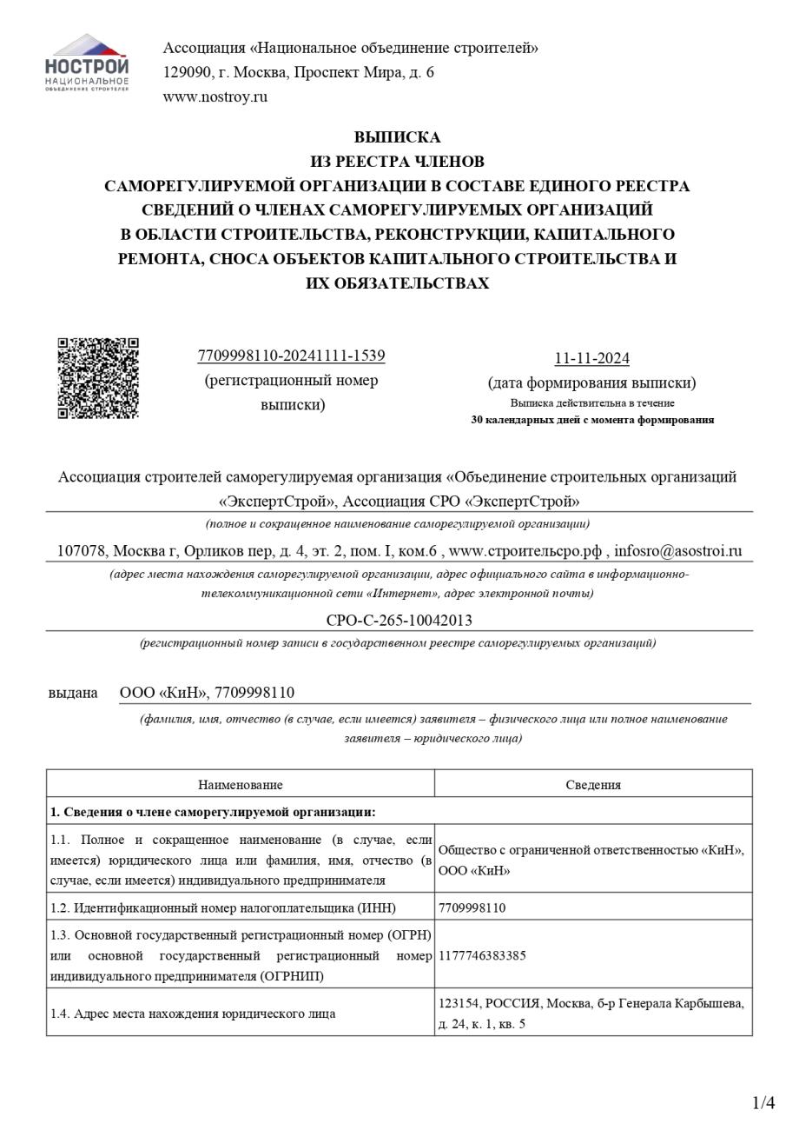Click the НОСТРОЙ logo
[x=87, y=63]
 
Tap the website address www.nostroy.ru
[x=215, y=96]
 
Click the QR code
[x=98, y=378]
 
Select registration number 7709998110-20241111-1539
[x=291, y=356]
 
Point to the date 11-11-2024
[x=591, y=358]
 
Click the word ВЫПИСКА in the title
[x=397, y=137]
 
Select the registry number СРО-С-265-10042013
[x=399, y=620]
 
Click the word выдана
[x=73, y=693]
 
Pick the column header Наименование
[x=240, y=784]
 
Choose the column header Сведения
[x=593, y=784]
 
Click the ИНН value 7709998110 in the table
[x=472, y=907]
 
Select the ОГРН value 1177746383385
[x=482, y=955]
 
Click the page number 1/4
[x=763, y=1103]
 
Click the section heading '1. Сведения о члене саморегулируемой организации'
[x=213, y=812]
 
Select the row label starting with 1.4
[x=193, y=1014]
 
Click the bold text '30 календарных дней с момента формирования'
[x=592, y=420]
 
